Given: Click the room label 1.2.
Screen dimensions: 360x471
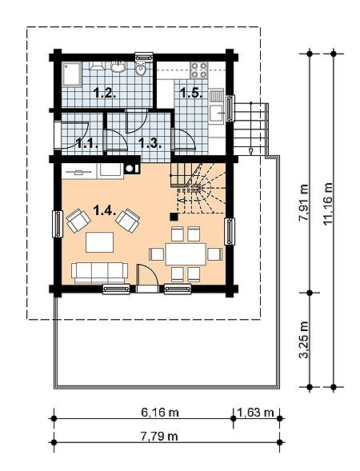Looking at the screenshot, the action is (105, 93).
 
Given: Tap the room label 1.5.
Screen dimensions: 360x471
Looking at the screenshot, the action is (191, 93).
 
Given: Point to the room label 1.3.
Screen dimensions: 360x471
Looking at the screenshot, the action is (150, 143).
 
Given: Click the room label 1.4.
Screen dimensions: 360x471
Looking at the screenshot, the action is (105, 210).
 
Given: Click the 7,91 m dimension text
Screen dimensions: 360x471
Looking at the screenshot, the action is (304, 203).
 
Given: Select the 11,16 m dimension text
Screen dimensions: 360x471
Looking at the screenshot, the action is (328, 203).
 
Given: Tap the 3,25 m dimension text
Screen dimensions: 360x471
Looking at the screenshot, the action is (304, 340).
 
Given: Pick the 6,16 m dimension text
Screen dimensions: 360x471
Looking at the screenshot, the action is (160, 413).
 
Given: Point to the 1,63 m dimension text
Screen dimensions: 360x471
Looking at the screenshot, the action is (255, 413).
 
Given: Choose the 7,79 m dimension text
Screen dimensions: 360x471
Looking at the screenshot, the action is (159, 436).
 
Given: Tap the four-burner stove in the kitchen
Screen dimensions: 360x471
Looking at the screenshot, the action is (199, 70).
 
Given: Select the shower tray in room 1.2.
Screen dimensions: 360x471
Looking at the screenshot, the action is (71, 74).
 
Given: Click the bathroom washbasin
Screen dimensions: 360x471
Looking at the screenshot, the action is (118, 67).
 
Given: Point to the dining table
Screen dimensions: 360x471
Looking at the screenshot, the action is (186, 254).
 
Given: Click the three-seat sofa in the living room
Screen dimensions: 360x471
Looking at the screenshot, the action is (99, 273).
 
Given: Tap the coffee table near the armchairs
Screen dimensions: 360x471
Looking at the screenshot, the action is (99, 242).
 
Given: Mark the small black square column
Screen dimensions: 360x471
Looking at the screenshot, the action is (174, 217).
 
